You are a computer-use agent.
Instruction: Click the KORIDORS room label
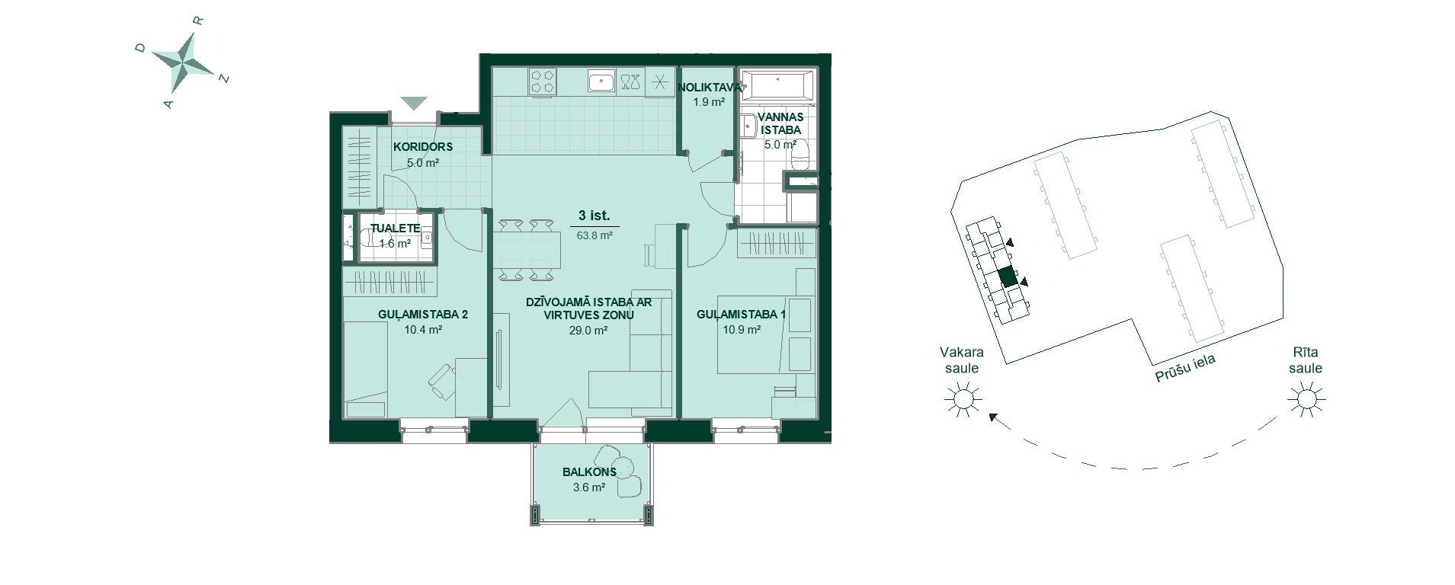pyautogui.click(x=423, y=147)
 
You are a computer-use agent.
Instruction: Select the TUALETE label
pyautogui.click(x=395, y=229)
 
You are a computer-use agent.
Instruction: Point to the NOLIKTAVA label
pyautogui.click(x=709, y=87)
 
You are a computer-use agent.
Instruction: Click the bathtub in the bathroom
pyautogui.click(x=777, y=85)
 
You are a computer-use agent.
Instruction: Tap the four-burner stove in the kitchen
pyautogui.click(x=543, y=82)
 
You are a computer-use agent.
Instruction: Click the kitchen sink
pyautogui.click(x=601, y=82)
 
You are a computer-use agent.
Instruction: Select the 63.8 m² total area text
pyautogui.click(x=594, y=236)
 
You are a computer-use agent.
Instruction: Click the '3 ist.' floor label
pyautogui.click(x=594, y=216)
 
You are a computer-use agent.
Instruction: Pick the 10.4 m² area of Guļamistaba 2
pyautogui.click(x=423, y=330)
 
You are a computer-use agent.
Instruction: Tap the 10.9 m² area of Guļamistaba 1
pyautogui.click(x=742, y=330)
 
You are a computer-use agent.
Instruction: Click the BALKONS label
pyautogui.click(x=589, y=472)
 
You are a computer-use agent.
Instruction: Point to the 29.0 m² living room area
pyautogui.click(x=588, y=331)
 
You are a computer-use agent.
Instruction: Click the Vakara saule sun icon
pyautogui.click(x=962, y=398)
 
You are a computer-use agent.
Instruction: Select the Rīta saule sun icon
pyautogui.click(x=1306, y=398)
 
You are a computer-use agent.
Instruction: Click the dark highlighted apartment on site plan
pyautogui.click(x=1008, y=277)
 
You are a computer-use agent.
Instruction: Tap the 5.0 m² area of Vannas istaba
pyautogui.click(x=780, y=144)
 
